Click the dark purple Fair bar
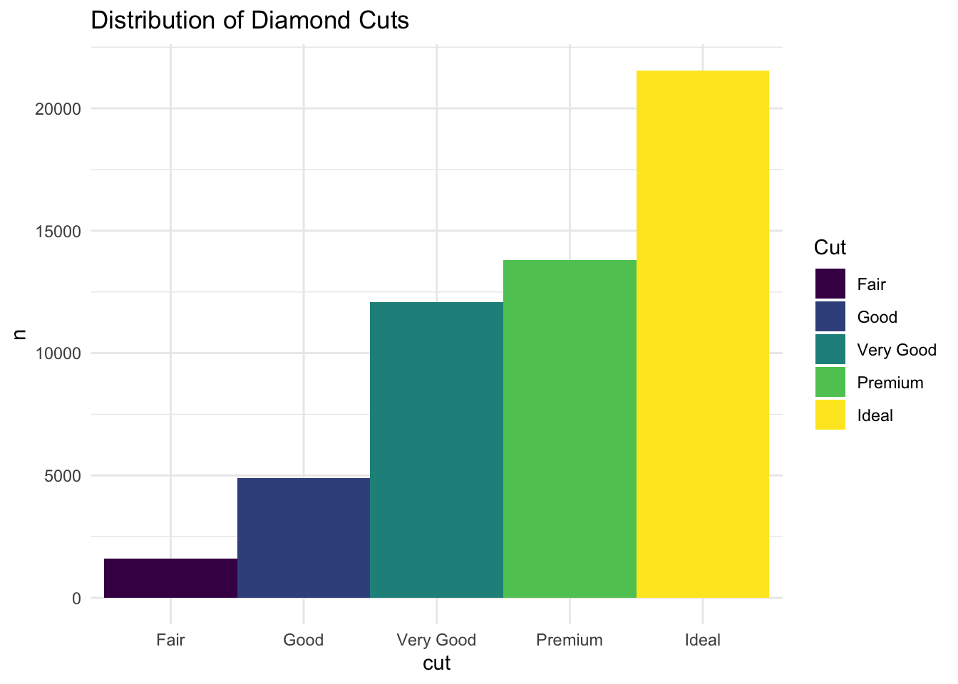coord(170,578)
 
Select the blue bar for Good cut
coord(304,538)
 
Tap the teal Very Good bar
coord(436,450)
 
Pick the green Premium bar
coord(570,429)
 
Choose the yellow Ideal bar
coord(703,334)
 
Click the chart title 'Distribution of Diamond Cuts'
coord(249,21)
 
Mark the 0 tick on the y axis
coord(76,598)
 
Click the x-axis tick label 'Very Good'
coord(436,640)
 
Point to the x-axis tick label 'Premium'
coord(570,640)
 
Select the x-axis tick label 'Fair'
coord(170,640)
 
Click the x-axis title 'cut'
coord(436,664)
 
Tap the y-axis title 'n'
coord(20,333)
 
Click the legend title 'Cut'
coord(830,248)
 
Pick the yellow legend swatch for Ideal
coord(830,415)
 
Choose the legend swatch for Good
coord(830,317)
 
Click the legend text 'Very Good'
coord(897,350)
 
